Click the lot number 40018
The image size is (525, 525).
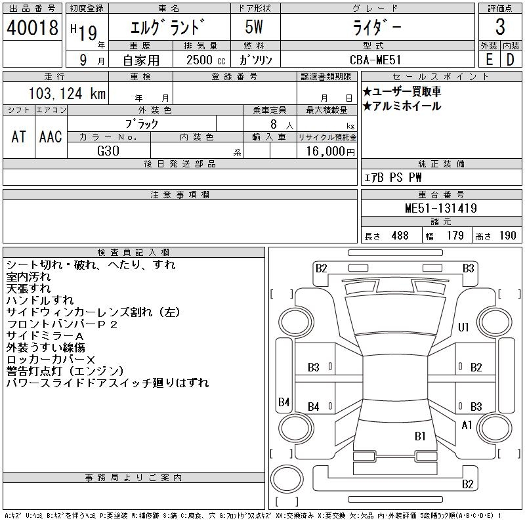point(32,28)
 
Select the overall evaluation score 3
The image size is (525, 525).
point(500,27)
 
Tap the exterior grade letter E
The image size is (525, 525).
point(489,60)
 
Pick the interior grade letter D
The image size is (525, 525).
point(511,60)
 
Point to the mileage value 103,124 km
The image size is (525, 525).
point(67,93)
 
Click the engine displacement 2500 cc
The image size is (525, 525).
point(206,60)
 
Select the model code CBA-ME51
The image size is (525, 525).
point(375,60)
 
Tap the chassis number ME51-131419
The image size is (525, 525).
point(440,208)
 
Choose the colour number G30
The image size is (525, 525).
point(108,151)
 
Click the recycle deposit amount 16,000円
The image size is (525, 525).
point(330,152)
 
